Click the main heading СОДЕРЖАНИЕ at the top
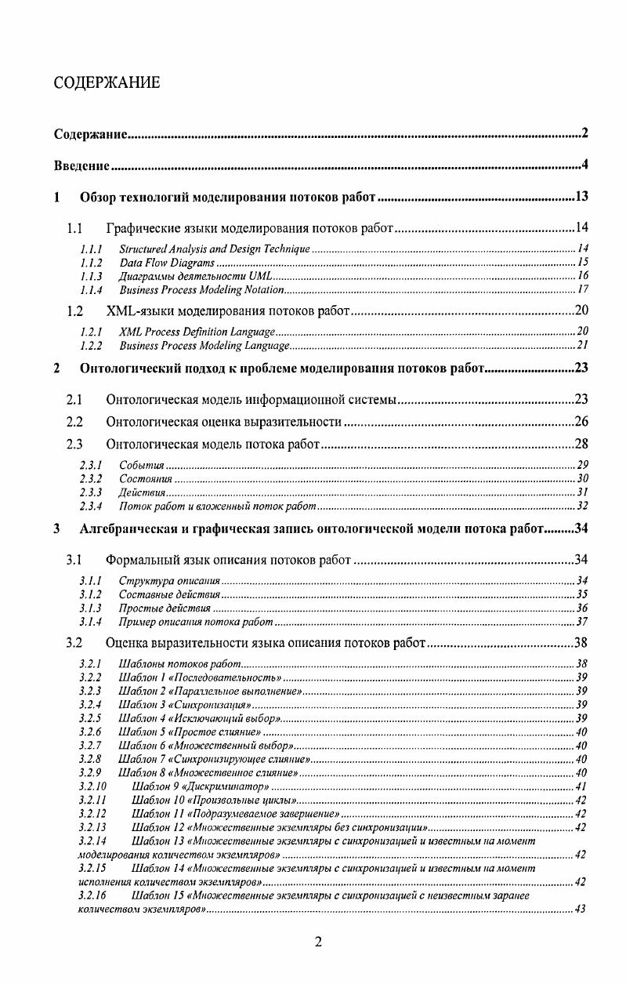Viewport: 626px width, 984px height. [107, 82]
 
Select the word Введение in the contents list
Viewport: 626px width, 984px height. [81, 165]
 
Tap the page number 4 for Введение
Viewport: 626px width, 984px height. [584, 165]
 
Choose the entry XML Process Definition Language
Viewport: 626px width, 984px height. [197, 331]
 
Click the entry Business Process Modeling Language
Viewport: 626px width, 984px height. [205, 345]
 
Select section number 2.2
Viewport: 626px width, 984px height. [75, 423]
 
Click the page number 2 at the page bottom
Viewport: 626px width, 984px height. [317, 942]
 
